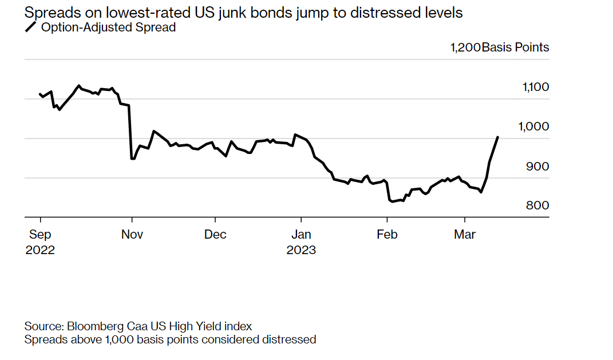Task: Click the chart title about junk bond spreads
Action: (x=243, y=13)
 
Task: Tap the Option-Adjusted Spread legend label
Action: (x=108, y=27)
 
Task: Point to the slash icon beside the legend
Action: (x=30, y=27)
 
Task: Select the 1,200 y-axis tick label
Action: (x=465, y=48)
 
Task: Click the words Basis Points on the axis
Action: (x=515, y=48)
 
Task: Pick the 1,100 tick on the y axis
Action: (x=536, y=87)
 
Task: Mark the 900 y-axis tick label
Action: (x=538, y=166)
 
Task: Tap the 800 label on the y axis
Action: (x=538, y=205)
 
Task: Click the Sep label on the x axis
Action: (x=39, y=235)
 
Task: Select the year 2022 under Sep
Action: (x=40, y=250)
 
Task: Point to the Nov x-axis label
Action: (x=132, y=235)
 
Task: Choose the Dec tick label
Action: (x=215, y=235)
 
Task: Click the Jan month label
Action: (x=301, y=235)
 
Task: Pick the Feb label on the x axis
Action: (x=387, y=235)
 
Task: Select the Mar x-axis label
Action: (x=464, y=235)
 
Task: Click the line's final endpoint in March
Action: (x=498, y=137)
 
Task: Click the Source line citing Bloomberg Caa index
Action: (x=138, y=326)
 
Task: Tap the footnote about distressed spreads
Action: (x=170, y=339)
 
